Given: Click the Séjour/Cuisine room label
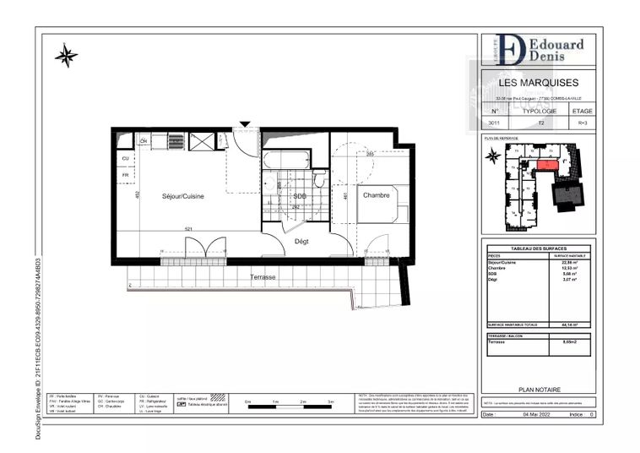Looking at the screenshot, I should [184, 196].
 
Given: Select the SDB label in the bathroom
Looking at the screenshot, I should [299, 197].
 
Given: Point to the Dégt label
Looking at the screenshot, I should [301, 242].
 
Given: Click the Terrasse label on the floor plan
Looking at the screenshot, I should [263, 277].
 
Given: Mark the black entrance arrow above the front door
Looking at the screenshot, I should [245, 125].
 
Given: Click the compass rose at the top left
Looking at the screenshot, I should [66, 56].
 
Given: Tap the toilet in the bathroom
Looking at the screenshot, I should [318, 179].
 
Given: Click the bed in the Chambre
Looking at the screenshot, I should [382, 204].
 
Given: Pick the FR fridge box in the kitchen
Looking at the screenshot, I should [126, 177].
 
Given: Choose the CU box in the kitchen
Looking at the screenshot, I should [126, 158].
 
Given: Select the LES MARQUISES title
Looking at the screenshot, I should [539, 84].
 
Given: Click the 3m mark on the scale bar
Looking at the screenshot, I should [330, 401].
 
